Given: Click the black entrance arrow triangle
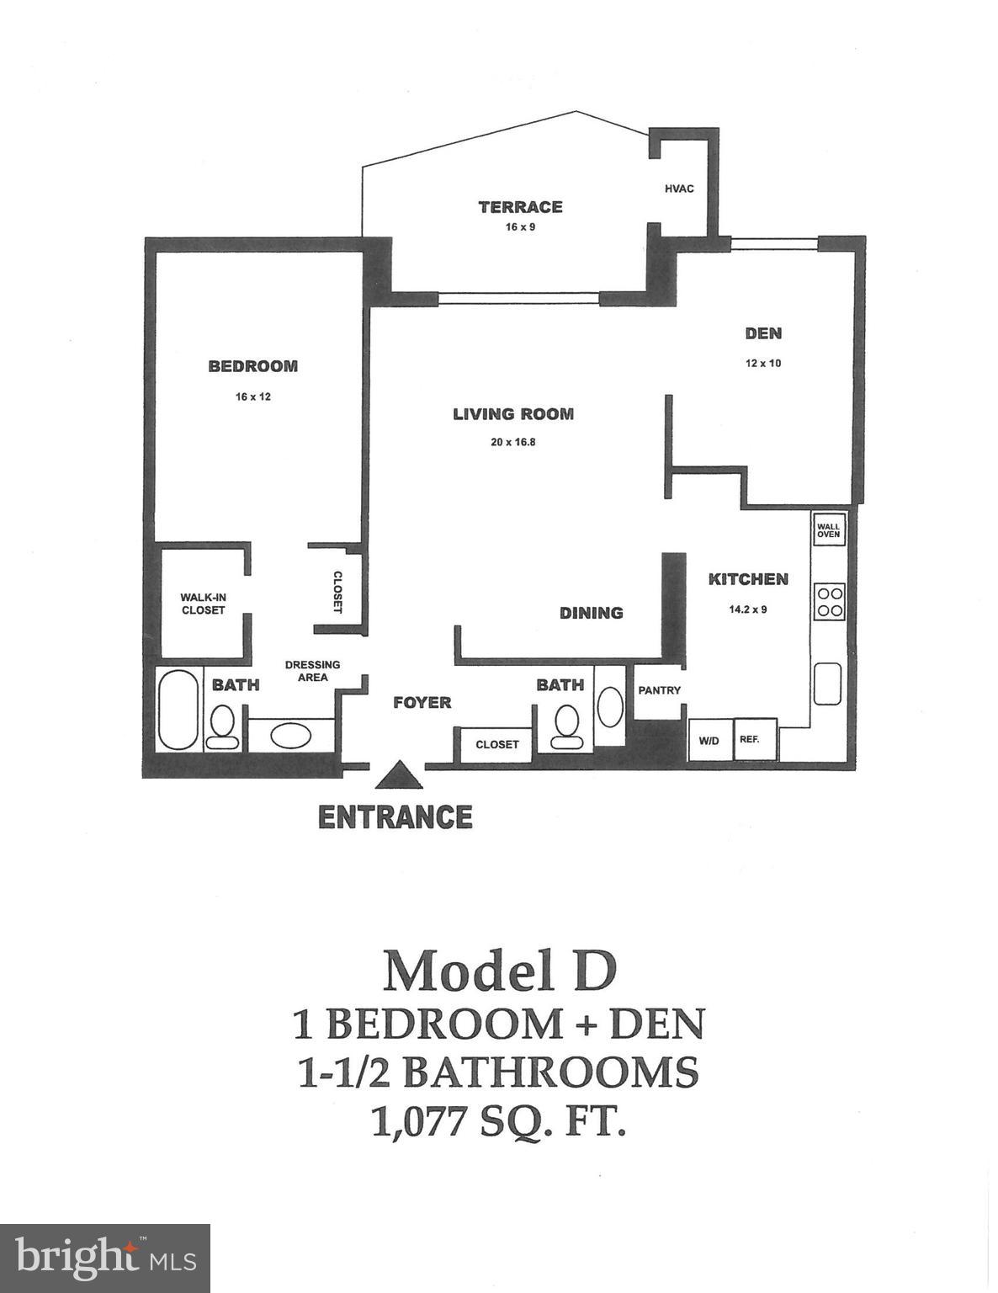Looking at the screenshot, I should (399, 777).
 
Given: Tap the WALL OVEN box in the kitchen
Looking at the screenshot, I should (828, 529).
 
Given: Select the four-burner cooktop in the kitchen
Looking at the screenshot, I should (829, 601).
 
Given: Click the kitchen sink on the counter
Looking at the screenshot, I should (828, 684).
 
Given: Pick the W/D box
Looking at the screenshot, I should (709, 741).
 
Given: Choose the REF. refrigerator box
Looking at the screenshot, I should (750, 740).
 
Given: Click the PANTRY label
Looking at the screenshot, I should (659, 690).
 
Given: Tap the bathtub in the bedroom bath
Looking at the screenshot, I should (178, 710).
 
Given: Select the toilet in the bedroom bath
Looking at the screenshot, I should (224, 726).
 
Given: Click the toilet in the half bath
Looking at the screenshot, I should (565, 726).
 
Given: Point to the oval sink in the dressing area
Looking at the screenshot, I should (290, 736).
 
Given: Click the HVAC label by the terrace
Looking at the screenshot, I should (679, 189).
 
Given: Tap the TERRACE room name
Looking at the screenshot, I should (520, 207).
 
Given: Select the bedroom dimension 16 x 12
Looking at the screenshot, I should (252, 396).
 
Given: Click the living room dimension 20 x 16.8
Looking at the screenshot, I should (512, 442).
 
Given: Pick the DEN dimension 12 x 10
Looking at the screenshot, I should (762, 364).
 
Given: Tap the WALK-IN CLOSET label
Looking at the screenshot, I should (203, 604).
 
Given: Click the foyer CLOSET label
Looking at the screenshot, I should (496, 744).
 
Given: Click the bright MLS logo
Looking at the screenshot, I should (105, 1258).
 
